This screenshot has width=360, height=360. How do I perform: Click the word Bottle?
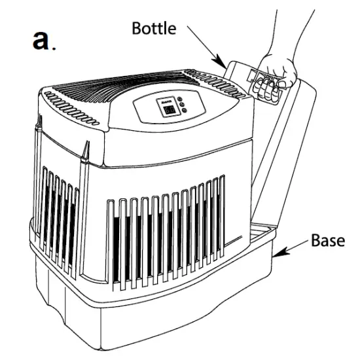154,28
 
